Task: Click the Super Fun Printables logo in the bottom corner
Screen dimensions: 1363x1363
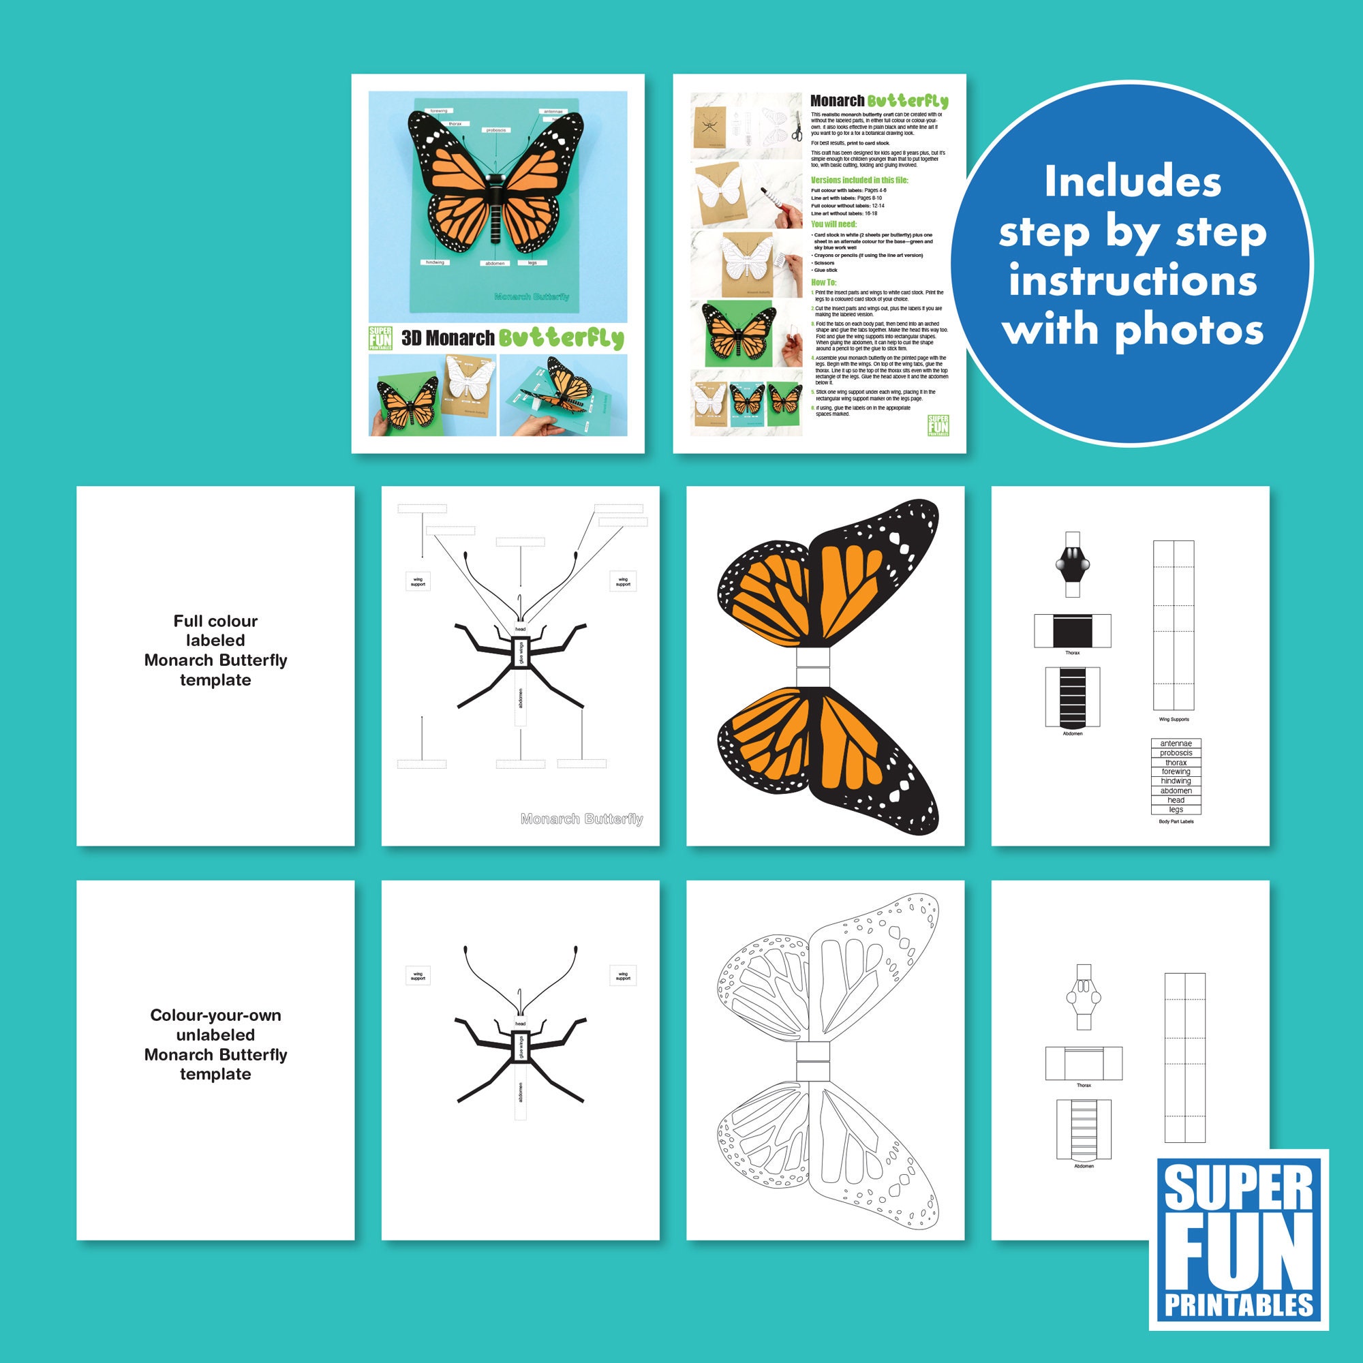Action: [1238, 1240]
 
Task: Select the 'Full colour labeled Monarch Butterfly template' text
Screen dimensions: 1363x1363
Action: [215, 650]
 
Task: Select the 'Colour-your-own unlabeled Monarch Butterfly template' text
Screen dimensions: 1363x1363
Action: [215, 1044]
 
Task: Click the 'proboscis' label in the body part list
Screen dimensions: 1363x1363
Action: [1176, 753]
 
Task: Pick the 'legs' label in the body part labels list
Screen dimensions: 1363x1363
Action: [1176, 809]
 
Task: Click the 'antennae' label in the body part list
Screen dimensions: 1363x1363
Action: [1176, 744]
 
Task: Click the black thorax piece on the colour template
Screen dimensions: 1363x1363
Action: [1072, 630]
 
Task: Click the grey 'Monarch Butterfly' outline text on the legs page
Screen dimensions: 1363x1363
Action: [581, 818]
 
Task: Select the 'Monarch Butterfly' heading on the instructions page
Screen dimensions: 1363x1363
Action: [878, 102]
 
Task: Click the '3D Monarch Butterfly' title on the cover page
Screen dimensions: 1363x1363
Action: [512, 338]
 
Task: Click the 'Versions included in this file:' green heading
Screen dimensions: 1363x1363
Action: [859, 180]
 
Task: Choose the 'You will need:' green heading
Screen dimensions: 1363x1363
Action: [833, 224]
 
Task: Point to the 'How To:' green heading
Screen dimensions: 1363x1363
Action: [823, 282]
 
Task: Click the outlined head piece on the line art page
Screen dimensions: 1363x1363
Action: [1084, 997]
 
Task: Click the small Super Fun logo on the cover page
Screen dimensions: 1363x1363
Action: [380, 338]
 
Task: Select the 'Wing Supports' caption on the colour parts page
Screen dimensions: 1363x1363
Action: [1174, 719]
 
